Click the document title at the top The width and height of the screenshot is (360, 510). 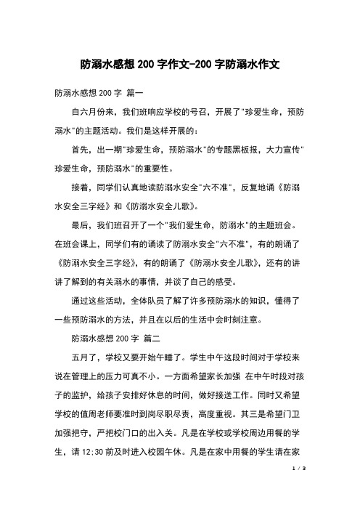[x=180, y=65]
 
